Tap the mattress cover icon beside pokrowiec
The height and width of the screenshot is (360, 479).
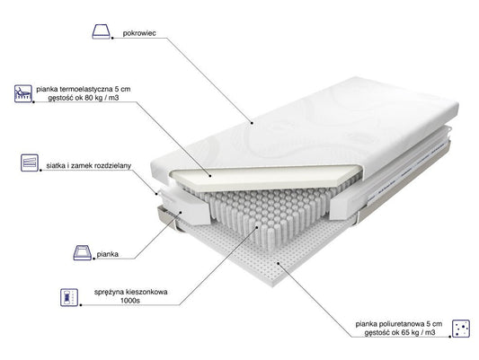coord(102,31)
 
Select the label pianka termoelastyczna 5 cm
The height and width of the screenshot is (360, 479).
coord(84,89)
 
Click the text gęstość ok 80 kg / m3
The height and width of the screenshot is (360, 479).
coord(84,98)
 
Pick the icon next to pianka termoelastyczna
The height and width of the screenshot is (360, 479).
coord(23,93)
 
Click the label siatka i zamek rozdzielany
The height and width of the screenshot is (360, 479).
coord(89,166)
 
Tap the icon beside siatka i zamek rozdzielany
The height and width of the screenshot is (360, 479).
coord(30,162)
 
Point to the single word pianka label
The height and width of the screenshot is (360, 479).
coord(108,254)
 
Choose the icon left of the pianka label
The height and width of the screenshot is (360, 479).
coord(83,252)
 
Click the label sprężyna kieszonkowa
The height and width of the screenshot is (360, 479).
coord(130,292)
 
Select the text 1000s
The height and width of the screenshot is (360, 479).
coord(129,301)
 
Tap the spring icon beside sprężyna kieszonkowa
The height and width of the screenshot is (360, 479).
coord(69,297)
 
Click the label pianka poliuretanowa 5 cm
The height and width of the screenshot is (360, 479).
coord(399,324)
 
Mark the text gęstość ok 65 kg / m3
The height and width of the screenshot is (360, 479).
coord(400,332)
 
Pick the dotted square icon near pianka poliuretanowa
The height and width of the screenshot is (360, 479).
coord(461,328)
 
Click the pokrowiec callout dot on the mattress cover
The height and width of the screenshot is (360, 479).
coord(252,123)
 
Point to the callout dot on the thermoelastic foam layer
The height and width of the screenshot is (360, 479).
coord(210,176)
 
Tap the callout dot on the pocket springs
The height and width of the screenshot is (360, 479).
coord(257,227)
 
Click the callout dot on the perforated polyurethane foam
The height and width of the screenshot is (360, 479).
coord(278,263)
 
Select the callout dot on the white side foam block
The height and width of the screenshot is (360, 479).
coord(181,213)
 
